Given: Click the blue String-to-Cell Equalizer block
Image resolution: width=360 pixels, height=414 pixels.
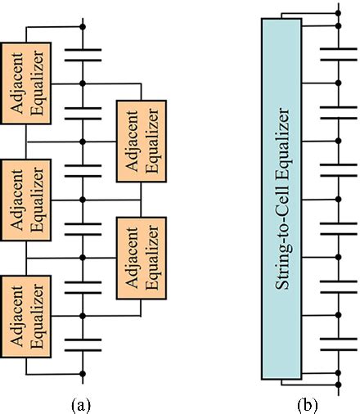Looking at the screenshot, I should point(282,196).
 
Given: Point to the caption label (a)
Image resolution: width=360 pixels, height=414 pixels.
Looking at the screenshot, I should point(83,403).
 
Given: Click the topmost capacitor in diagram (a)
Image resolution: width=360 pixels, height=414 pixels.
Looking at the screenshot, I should point(83,54).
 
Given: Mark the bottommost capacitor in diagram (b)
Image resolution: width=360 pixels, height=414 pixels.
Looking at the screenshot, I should point(337,343).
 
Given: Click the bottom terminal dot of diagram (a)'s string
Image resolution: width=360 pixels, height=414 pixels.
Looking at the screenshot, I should point(83,373).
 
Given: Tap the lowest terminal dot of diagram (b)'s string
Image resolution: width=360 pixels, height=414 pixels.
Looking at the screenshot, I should point(337,384).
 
